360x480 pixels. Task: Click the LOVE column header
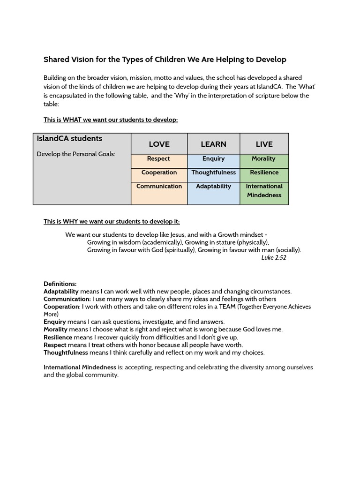pyautogui.click(x=159, y=144)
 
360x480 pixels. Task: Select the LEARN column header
pyautogui.click(x=213, y=144)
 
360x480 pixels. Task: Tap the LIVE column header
pyautogui.click(x=264, y=144)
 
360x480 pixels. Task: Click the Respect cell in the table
pyautogui.click(x=159, y=159)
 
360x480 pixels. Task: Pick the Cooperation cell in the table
pyautogui.click(x=159, y=172)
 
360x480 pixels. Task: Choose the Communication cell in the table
pyautogui.click(x=159, y=187)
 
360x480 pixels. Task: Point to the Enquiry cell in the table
pyautogui.click(x=213, y=159)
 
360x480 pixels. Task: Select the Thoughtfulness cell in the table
pyautogui.click(x=213, y=172)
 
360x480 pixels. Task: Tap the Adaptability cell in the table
pyautogui.click(x=213, y=187)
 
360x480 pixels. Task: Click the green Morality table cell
pyautogui.click(x=264, y=159)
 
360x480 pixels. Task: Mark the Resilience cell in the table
pyautogui.click(x=264, y=172)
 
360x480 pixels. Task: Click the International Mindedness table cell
pyautogui.click(x=264, y=191)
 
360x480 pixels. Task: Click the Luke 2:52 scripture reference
pyautogui.click(x=273, y=258)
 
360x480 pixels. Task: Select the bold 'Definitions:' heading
pyautogui.click(x=60, y=284)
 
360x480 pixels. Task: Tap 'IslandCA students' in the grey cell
pyautogui.click(x=69, y=139)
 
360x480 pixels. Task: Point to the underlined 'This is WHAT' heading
pyautogui.click(x=111, y=120)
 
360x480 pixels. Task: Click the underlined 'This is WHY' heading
pyautogui.click(x=112, y=221)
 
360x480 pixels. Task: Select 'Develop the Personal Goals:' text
pyautogui.click(x=76, y=154)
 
